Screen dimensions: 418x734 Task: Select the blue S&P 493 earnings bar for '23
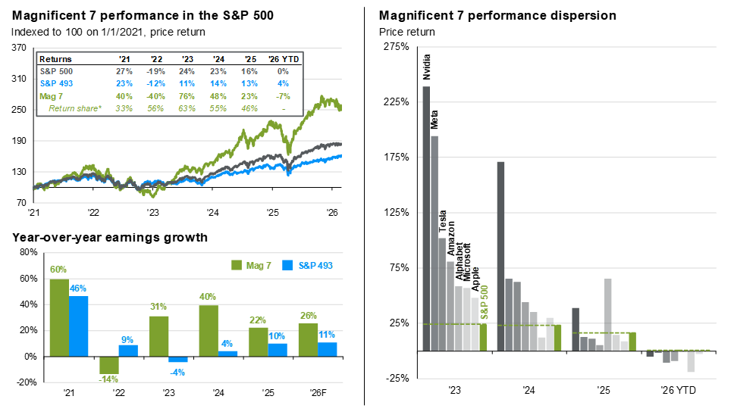coord(177,360)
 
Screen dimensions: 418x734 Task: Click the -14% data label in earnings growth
coord(109,380)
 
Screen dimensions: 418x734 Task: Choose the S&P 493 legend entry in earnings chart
coord(308,265)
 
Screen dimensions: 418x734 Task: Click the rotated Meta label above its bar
coord(434,121)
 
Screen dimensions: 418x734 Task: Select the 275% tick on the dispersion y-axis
coord(398,47)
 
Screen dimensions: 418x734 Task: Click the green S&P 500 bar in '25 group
coord(632,341)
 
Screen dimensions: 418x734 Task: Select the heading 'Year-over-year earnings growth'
coord(110,238)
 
